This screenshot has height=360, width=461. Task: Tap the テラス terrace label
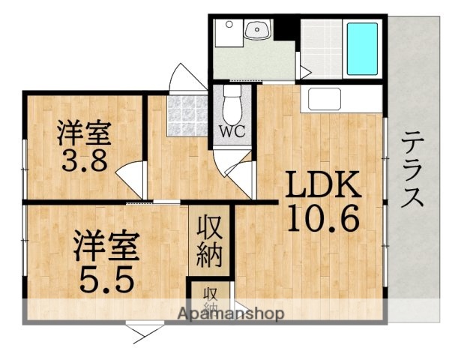[x=413, y=169]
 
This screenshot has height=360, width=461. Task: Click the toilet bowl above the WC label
[x=232, y=105]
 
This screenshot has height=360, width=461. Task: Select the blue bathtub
[x=361, y=46]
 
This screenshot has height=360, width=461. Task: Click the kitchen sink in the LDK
[x=325, y=98]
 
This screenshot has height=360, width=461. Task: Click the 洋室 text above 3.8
[x=84, y=132]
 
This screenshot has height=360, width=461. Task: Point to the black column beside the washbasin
[x=286, y=29]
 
